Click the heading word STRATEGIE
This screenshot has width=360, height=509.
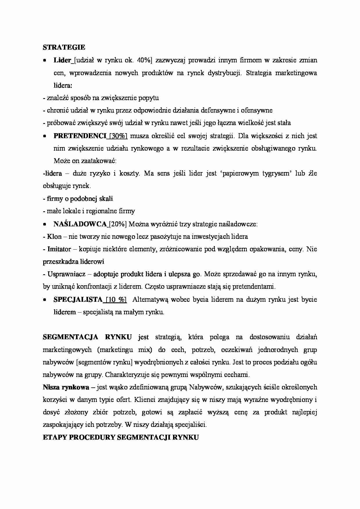click(64, 47)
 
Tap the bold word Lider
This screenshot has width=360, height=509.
click(62, 60)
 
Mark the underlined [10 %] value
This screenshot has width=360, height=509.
click(116, 299)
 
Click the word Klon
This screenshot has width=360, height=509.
click(54, 237)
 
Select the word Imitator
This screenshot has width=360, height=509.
click(59, 249)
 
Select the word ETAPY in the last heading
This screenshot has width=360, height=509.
click(55, 437)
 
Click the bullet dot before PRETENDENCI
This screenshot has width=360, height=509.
click(45, 136)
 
